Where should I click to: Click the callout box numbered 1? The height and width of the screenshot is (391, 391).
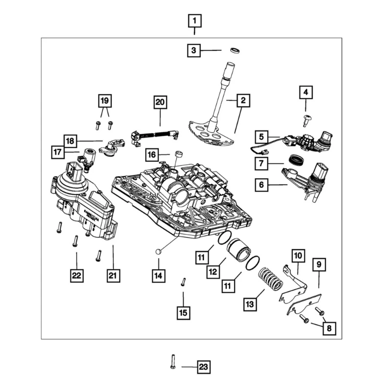coord(195,21)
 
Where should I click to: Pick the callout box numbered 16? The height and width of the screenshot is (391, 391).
coord(152,155)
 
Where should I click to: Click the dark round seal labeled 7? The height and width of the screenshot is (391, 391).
coord(297,160)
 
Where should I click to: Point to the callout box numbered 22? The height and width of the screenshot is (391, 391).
coord(76,276)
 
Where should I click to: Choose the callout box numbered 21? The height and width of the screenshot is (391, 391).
coord(113,276)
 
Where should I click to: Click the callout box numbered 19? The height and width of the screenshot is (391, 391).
coord(104,100)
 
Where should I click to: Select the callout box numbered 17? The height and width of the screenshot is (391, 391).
coord(58,152)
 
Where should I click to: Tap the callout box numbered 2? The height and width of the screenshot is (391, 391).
coord(242,101)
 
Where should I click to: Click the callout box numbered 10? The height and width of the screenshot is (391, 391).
coord(298,255)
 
